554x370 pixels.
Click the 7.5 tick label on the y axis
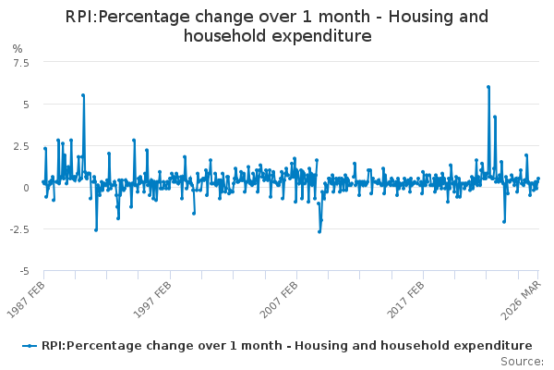coord(21,63)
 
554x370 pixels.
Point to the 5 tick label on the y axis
coord(26,105)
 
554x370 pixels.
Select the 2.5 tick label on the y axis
coord(21,146)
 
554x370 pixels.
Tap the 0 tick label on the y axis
coord(26,188)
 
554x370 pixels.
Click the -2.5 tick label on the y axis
coord(19,229)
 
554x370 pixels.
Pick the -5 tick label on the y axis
coord(24,272)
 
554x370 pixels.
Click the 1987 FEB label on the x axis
coord(26,300)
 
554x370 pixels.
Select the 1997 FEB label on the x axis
coord(152,300)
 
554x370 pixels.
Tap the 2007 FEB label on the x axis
coord(279,300)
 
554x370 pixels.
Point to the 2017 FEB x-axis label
coord(405,300)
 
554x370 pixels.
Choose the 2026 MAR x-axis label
coord(522,301)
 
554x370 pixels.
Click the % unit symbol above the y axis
coord(18,48)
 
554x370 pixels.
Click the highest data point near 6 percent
coord(488,87)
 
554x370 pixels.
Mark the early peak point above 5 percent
coord(83,95)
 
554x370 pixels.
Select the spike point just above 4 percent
coord(495,117)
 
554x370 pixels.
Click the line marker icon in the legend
coord(30,346)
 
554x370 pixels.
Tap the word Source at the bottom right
coord(520,362)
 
